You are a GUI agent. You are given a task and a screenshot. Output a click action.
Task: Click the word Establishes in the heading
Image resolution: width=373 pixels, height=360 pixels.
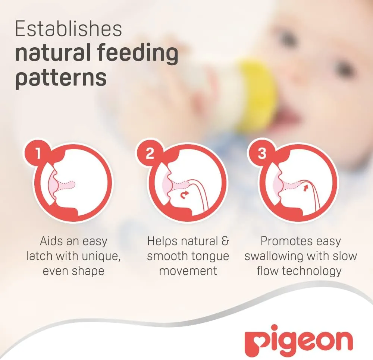(x=69, y=29)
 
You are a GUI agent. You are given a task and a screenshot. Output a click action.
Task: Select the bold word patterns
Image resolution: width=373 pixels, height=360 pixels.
(x=61, y=78)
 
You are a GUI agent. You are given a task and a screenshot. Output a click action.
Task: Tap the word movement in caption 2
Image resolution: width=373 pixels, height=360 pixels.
(x=188, y=271)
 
